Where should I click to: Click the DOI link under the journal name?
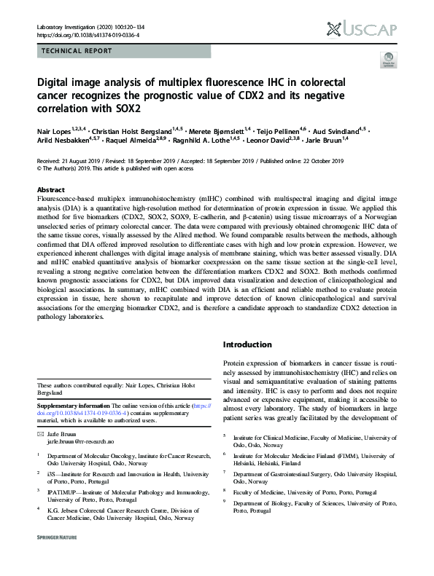coord(88,35)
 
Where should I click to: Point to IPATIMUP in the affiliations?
coord(64,494)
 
